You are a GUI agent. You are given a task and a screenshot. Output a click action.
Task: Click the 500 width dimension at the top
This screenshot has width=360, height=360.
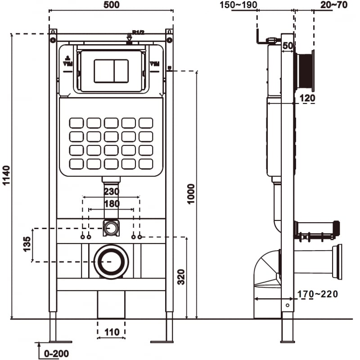[111, 4]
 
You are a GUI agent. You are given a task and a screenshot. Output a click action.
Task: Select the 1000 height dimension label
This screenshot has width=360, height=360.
[191, 193]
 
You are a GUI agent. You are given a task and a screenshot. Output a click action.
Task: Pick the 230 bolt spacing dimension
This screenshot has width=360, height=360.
[111, 192]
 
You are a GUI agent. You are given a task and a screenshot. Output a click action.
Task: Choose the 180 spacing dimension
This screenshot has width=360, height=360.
[111, 204]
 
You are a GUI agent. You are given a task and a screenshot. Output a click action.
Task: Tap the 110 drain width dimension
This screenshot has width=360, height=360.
[111, 332]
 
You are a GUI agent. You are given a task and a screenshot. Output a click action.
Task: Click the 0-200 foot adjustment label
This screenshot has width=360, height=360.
[56, 353]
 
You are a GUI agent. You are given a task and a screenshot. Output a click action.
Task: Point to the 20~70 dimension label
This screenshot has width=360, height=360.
[333, 5]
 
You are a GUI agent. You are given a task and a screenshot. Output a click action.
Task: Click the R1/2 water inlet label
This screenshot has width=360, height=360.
[137, 32]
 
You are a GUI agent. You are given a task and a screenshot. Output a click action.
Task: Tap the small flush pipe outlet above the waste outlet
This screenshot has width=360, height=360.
[111, 227]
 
